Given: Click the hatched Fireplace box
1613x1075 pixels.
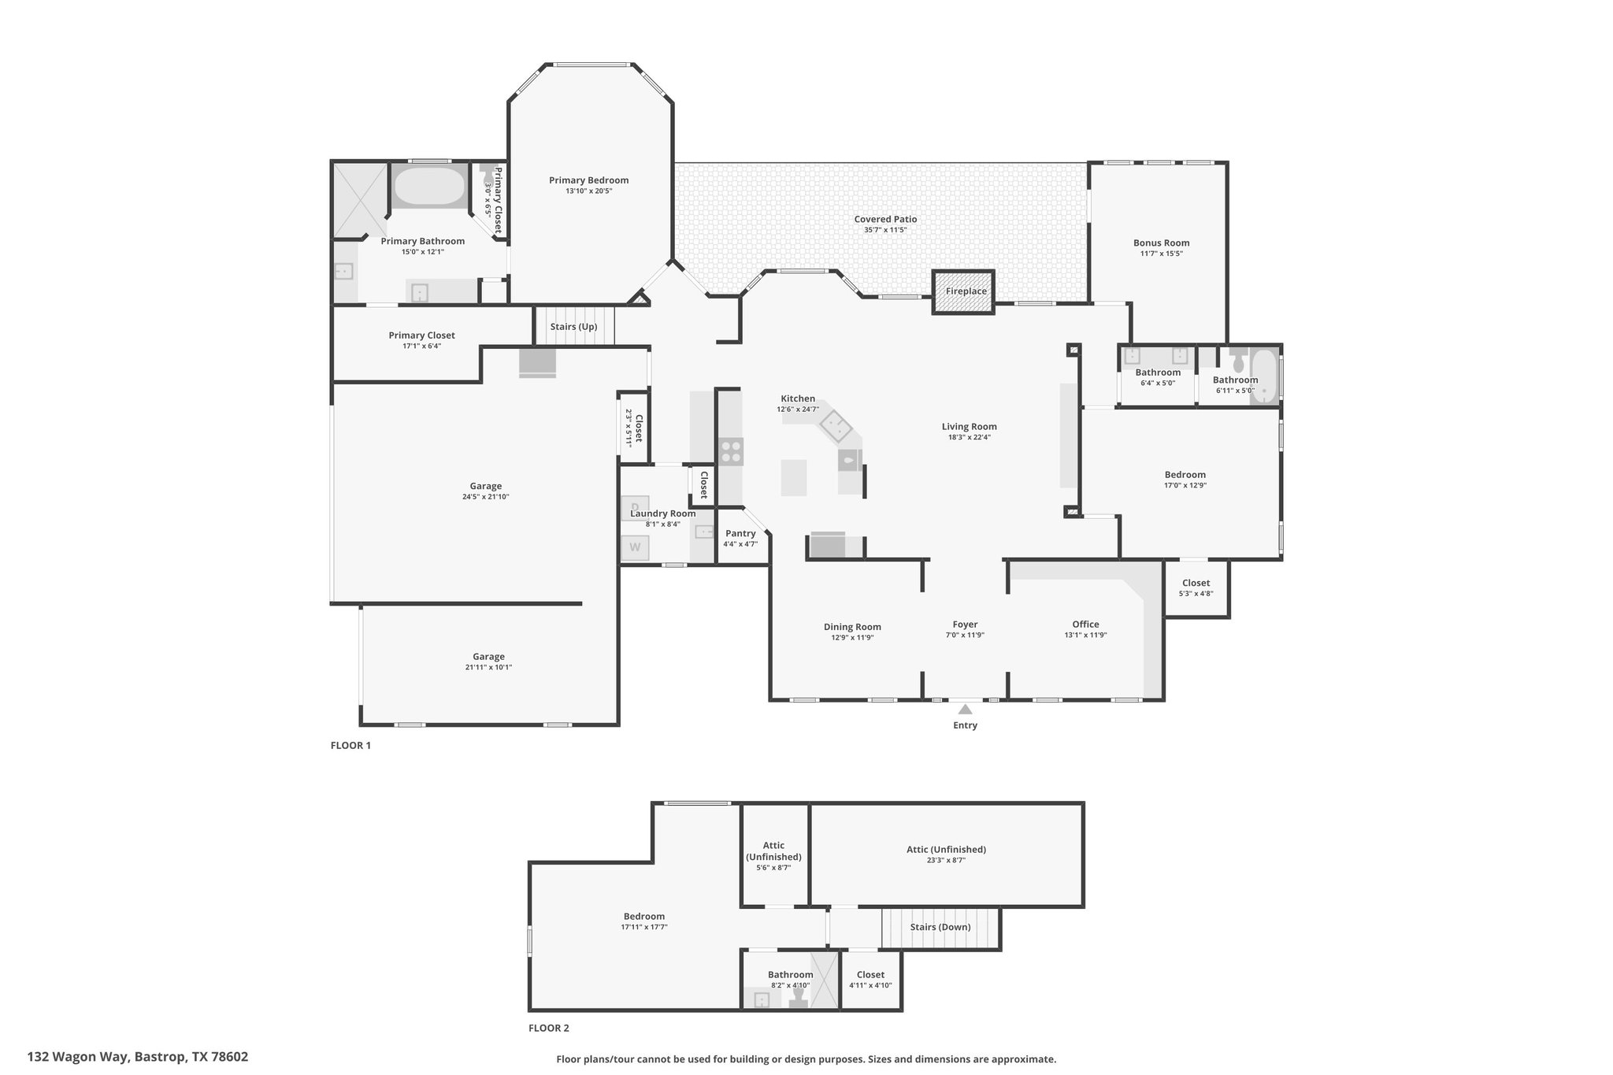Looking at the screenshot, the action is (x=963, y=292).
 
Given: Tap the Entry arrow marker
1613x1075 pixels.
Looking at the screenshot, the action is (x=965, y=709).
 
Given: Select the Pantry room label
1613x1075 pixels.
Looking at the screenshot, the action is (x=740, y=533).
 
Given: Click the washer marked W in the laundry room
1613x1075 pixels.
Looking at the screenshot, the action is (x=635, y=547).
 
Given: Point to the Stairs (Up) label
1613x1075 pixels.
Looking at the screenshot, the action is (x=573, y=327).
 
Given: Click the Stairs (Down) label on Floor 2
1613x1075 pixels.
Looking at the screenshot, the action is (x=940, y=927).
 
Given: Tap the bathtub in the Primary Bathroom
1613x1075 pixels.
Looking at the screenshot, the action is (x=429, y=187).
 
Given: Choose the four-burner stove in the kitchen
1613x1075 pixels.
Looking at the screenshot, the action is (x=730, y=451).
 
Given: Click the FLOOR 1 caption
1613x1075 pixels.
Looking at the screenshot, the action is (x=350, y=745).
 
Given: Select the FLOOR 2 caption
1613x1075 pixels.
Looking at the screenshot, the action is (x=548, y=1028).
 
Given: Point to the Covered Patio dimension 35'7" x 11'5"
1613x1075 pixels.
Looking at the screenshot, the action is (x=885, y=230).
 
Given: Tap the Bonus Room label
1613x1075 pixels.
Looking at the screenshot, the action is (x=1161, y=243).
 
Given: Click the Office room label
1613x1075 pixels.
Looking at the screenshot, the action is (x=1085, y=625).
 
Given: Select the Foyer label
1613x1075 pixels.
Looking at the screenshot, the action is (x=965, y=625).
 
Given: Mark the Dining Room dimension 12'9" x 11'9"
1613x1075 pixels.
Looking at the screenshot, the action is (x=852, y=638).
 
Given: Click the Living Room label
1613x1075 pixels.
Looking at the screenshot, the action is (x=969, y=427).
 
